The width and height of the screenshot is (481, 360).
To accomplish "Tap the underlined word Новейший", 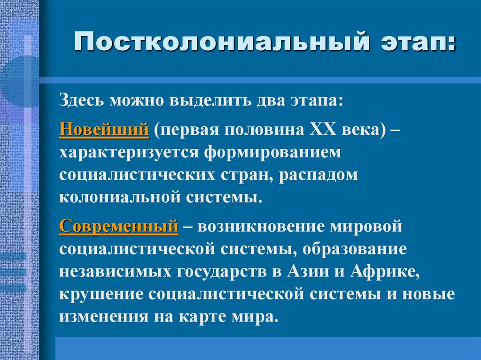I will pos(104,129).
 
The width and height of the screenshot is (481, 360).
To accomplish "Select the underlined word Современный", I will pos(118,226).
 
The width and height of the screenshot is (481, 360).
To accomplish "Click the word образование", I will pos(354,249).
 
